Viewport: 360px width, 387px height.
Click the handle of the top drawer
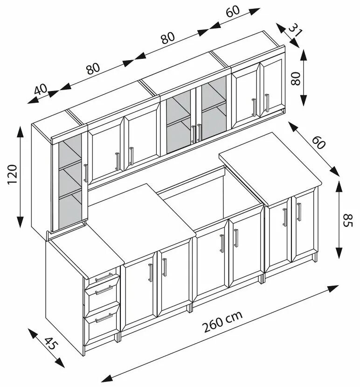[x=104, y=277]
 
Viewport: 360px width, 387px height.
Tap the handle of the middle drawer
[x=104, y=291]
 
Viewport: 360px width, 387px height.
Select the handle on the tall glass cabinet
[x=85, y=173]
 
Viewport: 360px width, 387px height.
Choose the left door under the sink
[x=211, y=261]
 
